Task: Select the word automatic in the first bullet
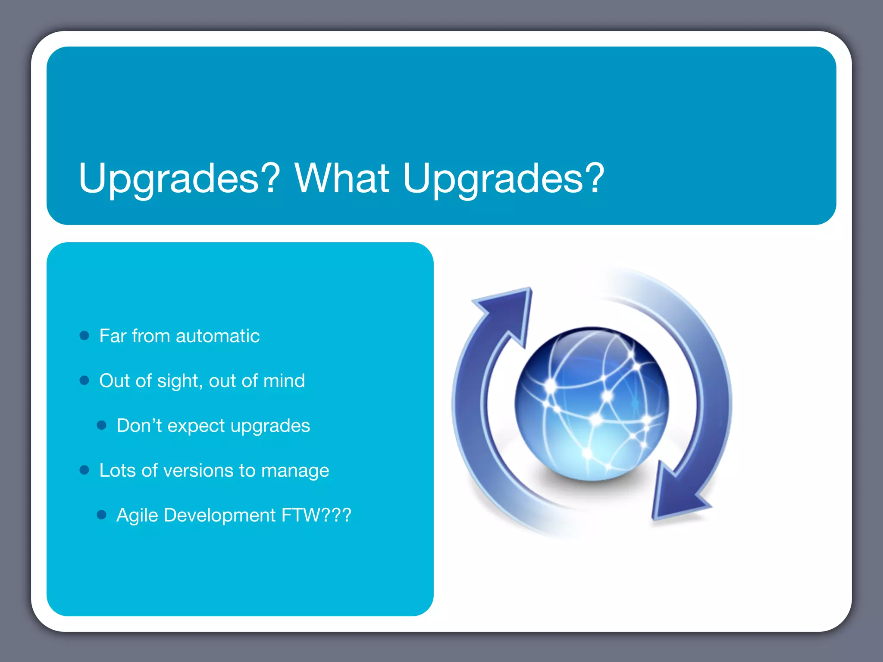coord(218,336)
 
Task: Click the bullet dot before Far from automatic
coord(85,336)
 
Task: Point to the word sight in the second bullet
coord(177,381)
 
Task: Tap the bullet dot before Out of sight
coord(85,381)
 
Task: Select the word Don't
coord(139,425)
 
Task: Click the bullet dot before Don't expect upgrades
coord(102,426)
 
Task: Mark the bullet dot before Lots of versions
coord(85,470)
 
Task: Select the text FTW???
coord(316,515)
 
